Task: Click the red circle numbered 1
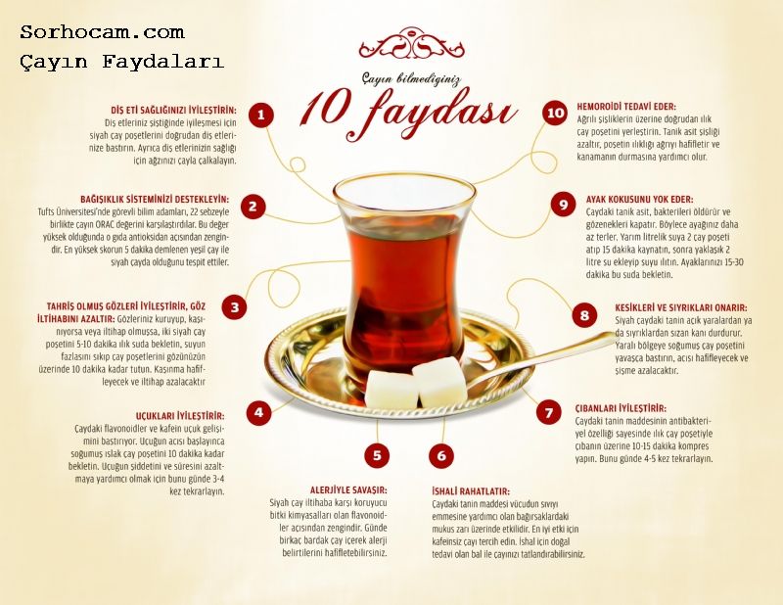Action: click(260, 115)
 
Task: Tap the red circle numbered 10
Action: click(555, 113)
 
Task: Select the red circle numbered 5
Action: click(377, 455)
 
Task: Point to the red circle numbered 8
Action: click(584, 315)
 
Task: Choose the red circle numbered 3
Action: click(235, 307)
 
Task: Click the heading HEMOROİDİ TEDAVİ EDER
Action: click(626, 107)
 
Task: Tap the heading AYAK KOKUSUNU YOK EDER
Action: click(639, 200)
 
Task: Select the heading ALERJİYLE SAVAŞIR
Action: click(348, 490)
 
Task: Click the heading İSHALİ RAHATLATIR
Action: click(471, 491)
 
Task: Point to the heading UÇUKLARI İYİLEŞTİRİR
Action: click(180, 416)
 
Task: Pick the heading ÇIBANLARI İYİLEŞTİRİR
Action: click(621, 408)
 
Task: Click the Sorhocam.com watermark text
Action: click(103, 32)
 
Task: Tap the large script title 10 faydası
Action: click(408, 113)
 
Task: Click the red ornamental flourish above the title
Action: click(411, 43)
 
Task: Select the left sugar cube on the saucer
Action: click(391, 389)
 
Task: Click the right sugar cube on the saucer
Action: click(439, 381)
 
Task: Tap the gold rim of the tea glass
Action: click(404, 189)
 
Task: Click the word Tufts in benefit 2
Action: click(46, 211)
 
